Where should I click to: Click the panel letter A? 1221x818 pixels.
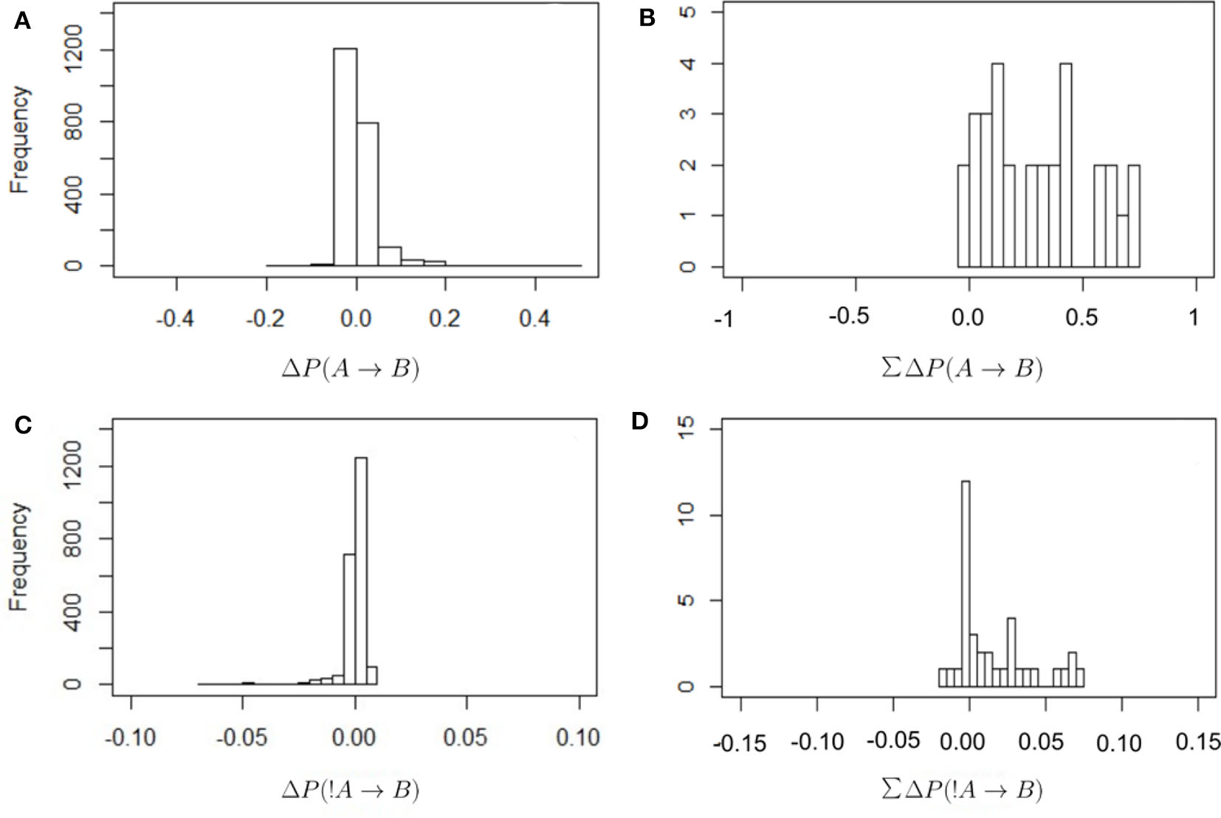[x=23, y=21]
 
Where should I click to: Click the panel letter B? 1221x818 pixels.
[x=647, y=18]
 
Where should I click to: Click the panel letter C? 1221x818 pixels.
[x=23, y=425]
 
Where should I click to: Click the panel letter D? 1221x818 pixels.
[x=639, y=421]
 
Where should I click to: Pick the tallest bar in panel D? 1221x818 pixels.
[x=966, y=583]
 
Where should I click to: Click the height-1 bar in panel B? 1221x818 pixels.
[x=1122, y=241]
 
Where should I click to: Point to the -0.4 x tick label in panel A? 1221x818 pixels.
[x=175, y=318]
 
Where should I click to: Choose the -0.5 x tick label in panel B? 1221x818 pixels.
[x=849, y=316]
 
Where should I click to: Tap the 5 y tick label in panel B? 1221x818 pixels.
[x=687, y=13]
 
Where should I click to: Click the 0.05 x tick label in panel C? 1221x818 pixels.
[x=465, y=737]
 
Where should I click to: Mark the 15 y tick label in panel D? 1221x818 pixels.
[x=686, y=429]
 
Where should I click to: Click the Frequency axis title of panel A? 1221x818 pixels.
[x=20, y=140]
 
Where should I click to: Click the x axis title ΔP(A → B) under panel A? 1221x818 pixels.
[x=351, y=367]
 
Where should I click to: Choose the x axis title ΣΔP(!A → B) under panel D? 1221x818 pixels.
[x=962, y=789]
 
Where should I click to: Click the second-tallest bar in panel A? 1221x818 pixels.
[x=367, y=193]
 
